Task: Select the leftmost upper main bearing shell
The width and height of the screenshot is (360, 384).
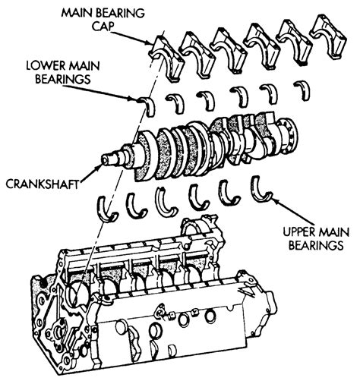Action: [x=107, y=206]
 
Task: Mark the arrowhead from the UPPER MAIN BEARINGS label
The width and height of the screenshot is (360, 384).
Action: [x=271, y=195]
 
